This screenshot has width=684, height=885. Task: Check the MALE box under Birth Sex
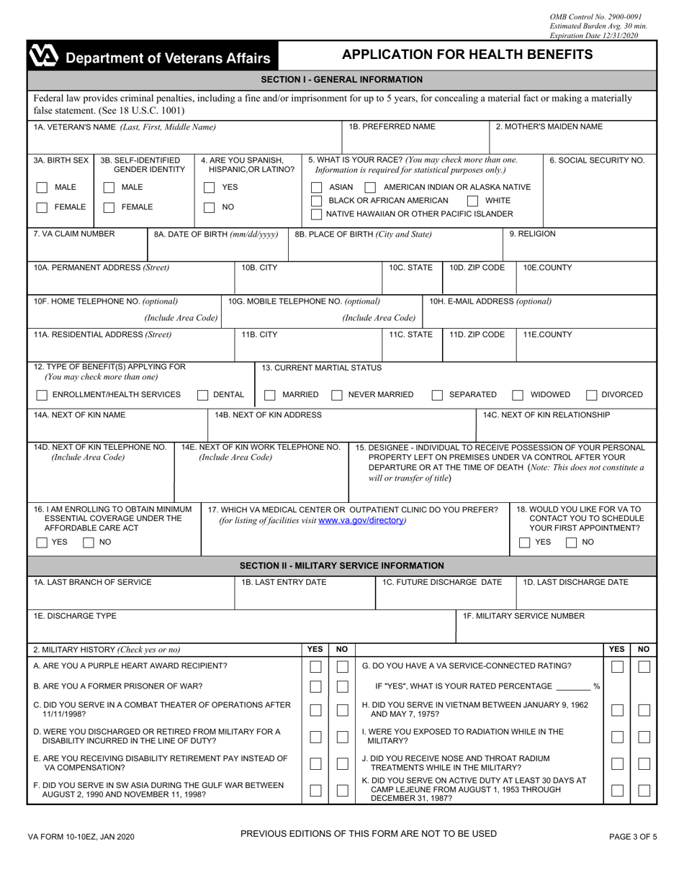(x=40, y=188)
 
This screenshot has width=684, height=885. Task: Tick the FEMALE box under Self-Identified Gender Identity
(x=108, y=207)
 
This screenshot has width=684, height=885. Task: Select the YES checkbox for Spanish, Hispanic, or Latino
(x=209, y=188)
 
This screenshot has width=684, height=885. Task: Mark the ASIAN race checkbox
(x=316, y=187)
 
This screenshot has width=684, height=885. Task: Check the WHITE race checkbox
(x=473, y=201)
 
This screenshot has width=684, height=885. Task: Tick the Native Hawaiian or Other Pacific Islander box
(x=316, y=214)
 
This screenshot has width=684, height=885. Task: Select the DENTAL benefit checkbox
(x=202, y=395)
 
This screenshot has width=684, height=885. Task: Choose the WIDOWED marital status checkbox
(x=517, y=395)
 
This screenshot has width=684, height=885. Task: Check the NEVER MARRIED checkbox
(x=336, y=395)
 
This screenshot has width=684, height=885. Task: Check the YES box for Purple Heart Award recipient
(x=315, y=666)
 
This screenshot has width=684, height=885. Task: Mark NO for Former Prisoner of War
(x=343, y=687)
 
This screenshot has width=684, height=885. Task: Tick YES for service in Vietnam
(x=616, y=711)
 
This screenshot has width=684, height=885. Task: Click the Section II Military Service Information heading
(x=342, y=566)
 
